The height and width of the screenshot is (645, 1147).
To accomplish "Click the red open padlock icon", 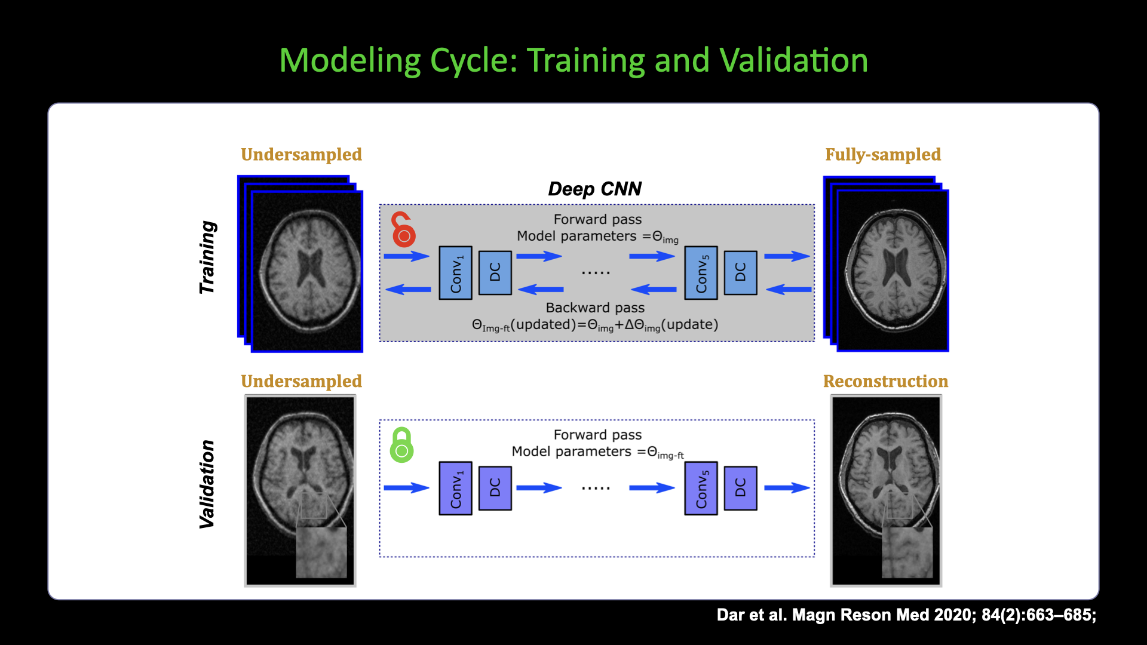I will [403, 231].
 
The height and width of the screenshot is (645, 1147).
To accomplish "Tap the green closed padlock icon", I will [401, 446].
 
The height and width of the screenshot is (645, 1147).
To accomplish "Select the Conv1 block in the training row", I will [455, 273].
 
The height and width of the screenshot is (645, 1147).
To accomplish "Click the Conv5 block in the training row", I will [701, 273].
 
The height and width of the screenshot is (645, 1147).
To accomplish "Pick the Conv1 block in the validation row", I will [455, 488].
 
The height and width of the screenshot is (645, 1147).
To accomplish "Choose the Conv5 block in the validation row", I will [701, 488].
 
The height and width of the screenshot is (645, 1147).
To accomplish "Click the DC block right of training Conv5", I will [740, 273].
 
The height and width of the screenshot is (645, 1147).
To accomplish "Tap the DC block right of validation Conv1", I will [495, 488].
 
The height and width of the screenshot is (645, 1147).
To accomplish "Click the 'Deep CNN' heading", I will [594, 189].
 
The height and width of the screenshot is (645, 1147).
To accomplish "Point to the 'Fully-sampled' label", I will [883, 155].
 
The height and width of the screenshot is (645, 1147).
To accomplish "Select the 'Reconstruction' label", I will [885, 381].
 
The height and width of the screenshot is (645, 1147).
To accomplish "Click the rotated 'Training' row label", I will [207, 257].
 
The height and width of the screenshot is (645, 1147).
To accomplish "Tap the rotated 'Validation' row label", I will [207, 484].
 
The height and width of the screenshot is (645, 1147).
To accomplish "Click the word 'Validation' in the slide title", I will [793, 61].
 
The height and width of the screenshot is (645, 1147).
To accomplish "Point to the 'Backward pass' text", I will [595, 308].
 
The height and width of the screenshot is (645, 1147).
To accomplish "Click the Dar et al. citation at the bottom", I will [906, 615].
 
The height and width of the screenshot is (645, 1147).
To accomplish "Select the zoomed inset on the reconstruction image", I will [907, 552].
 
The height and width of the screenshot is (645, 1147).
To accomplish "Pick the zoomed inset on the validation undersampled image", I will [321, 552].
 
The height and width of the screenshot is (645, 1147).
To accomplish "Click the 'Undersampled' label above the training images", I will [301, 155].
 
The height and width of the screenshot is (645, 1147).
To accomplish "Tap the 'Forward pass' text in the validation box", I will [597, 435].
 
